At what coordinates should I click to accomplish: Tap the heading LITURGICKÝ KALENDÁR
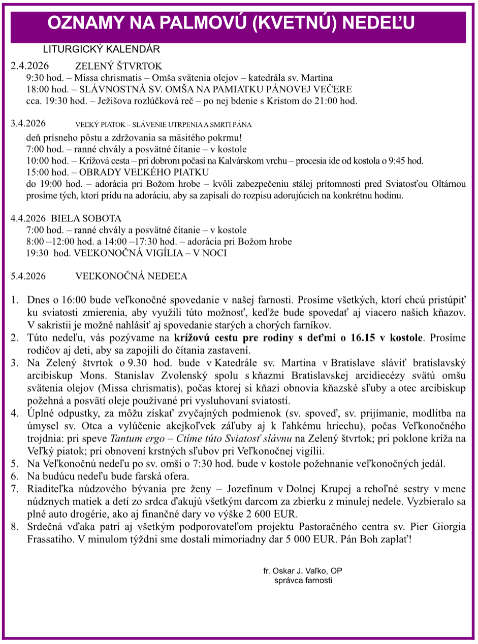(102, 49)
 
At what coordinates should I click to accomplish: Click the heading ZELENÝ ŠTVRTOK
(118, 66)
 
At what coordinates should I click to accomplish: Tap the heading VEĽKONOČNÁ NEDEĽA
(131, 276)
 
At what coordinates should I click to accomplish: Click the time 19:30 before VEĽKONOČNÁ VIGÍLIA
(37, 253)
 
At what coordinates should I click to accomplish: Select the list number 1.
(15, 299)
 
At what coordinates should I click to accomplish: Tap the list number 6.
(15, 476)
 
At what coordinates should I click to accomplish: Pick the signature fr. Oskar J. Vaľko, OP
(303, 570)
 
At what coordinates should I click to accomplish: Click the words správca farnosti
(303, 580)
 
